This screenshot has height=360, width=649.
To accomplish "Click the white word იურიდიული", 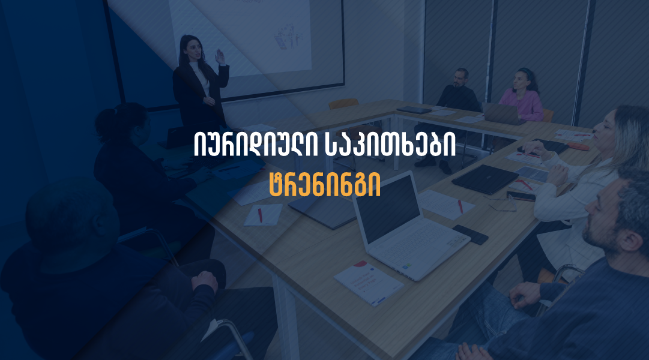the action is (256, 144).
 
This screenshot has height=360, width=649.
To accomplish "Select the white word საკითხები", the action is (390, 144).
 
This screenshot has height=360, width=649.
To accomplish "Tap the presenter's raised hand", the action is (220, 57).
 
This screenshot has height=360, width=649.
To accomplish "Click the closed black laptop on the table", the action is (484, 179).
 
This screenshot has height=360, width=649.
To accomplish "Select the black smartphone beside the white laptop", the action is (470, 234).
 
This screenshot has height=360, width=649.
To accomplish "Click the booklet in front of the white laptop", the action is (369, 283).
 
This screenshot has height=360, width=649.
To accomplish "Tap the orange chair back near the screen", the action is (343, 104).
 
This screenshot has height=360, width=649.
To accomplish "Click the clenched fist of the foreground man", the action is (205, 281).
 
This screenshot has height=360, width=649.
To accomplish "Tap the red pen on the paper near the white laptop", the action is (460, 206).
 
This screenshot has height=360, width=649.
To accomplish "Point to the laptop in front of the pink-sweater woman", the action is (502, 113).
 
